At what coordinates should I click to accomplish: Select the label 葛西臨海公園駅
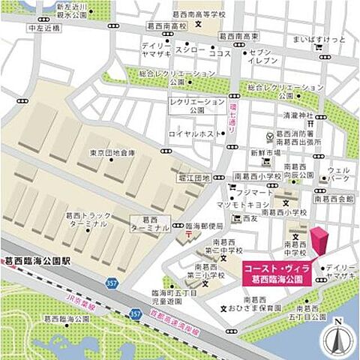coord(37,262)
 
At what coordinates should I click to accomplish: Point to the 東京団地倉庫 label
coord(112,153)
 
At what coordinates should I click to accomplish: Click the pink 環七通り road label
coord(232,118)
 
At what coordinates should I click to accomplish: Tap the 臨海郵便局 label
coord(205,225)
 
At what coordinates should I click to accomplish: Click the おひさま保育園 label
coord(259,308)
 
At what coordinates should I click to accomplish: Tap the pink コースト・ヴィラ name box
coord(277,273)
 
